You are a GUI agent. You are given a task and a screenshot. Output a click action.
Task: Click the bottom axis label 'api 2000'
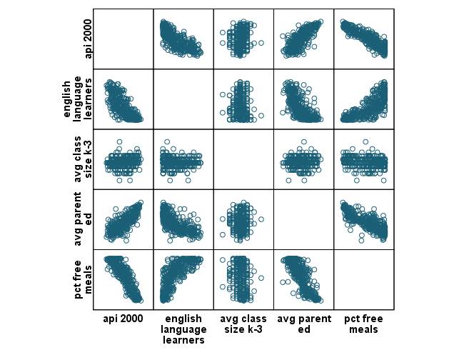[x=123, y=319]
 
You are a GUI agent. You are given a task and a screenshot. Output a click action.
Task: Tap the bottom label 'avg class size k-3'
[x=243, y=324]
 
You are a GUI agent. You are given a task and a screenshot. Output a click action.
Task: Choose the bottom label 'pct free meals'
[x=363, y=324]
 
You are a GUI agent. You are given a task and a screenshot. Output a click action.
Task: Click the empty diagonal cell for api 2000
[x=123, y=39]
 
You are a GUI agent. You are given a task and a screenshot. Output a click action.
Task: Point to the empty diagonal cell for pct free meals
[x=363, y=279]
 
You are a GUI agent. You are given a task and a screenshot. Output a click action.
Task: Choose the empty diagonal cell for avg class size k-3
[x=243, y=159]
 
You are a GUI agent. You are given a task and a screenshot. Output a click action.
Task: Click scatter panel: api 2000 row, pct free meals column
[x=363, y=39]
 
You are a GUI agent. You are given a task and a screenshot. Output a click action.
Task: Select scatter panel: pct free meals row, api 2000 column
[x=123, y=279]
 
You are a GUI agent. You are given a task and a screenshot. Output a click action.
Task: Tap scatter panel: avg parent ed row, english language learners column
[x=183, y=219]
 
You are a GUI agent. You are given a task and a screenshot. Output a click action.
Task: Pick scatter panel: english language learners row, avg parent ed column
[x=303, y=99]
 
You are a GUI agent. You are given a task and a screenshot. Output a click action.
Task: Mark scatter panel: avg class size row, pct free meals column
[x=363, y=159]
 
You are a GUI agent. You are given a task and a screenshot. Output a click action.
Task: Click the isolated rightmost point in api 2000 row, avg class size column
[x=261, y=43]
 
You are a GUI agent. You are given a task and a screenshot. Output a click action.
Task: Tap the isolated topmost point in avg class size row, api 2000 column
[x=119, y=141]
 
